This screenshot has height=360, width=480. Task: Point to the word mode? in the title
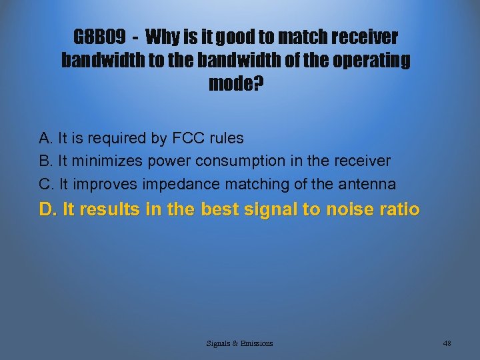point(236,85)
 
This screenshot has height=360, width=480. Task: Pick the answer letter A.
point(45,139)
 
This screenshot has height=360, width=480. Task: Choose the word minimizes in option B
point(103,161)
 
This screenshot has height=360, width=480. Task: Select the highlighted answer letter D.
point(47,210)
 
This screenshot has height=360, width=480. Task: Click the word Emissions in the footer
point(254,343)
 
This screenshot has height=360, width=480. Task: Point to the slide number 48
point(447,343)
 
